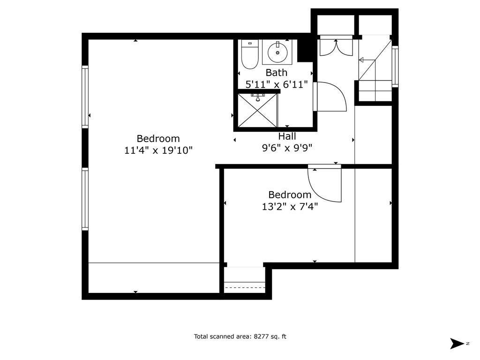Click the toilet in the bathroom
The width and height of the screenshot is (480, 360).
(250, 55)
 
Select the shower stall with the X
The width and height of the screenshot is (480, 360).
(257, 111)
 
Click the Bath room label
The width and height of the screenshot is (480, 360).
(276, 73)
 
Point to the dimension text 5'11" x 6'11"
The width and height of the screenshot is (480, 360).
(276, 84)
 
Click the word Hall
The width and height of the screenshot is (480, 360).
(287, 136)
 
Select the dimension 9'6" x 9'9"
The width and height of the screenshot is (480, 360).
(287, 148)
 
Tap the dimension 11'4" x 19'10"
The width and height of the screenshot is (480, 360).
(158, 150)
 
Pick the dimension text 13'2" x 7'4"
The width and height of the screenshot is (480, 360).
(290, 206)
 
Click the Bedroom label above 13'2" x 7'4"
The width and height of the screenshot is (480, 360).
(290, 195)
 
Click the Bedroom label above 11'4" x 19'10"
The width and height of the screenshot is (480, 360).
(158, 139)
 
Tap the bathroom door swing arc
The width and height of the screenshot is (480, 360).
(331, 97)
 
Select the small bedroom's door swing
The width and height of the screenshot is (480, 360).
(323, 185)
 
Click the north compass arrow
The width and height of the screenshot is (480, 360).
(456, 343)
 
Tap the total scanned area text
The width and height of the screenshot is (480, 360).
(240, 336)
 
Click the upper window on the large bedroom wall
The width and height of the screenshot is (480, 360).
(85, 97)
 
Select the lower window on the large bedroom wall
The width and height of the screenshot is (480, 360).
(85, 199)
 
